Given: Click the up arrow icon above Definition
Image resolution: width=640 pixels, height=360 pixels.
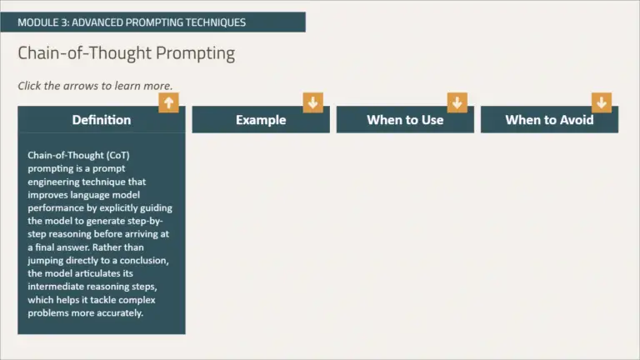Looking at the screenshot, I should tap(169, 102).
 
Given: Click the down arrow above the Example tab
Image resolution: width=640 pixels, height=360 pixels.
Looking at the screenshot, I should tap(313, 102).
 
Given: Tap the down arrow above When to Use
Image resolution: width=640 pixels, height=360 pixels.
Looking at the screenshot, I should tap(457, 102).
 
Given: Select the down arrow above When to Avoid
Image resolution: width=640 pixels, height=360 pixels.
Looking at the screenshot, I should tap(602, 102).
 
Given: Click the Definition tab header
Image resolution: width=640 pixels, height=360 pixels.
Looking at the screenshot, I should tap(102, 120).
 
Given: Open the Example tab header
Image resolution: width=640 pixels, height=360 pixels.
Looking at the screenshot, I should tap(261, 120).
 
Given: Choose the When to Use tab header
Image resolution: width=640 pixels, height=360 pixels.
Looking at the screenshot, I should tap(405, 120).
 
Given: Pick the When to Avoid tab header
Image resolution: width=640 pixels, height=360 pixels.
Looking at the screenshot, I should tap(549, 120).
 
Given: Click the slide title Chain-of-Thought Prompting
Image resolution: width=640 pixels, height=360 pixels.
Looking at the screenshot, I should tap(127, 53).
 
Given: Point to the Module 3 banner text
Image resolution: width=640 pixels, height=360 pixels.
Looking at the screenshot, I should tap(132, 22).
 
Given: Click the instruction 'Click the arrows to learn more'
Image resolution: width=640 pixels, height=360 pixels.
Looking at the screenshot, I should tap(95, 86).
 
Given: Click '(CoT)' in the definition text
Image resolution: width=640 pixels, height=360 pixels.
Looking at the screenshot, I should tap(112, 155).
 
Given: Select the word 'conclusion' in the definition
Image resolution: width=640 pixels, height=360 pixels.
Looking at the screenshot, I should tap(143, 260).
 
